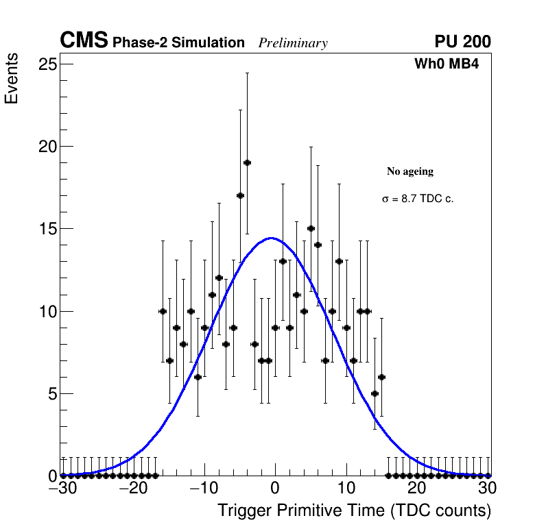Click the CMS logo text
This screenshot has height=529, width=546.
84,41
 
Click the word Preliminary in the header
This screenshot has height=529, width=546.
293,43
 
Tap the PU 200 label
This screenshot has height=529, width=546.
462,42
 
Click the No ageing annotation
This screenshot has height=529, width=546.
410,171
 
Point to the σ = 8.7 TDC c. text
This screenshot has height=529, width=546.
418,199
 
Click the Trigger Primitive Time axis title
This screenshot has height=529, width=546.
354,510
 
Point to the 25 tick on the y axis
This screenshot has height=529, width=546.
47,64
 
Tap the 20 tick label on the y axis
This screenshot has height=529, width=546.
47,146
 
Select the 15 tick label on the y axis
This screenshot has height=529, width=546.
47,229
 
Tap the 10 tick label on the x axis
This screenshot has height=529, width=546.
346,488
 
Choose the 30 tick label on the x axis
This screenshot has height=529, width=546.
487,488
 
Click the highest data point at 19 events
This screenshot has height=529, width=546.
247,162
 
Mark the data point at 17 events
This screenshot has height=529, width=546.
240,195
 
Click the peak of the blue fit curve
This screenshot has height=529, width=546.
271,238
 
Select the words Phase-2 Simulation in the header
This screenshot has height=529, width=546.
178,42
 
